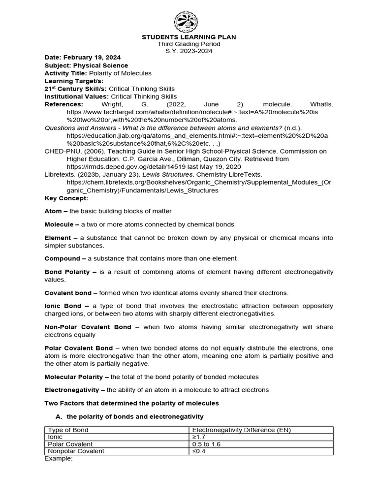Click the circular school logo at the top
[189, 21]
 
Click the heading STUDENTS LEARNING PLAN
[189, 37]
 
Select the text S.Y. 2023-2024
[189, 51]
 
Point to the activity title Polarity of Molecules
[121, 73]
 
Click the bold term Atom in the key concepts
[53, 211]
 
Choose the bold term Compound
[62, 258]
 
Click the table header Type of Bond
[68, 430]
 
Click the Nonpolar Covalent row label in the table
[76, 451]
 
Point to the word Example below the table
[58, 458]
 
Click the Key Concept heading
[66, 198]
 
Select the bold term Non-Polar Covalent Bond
[88, 327]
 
